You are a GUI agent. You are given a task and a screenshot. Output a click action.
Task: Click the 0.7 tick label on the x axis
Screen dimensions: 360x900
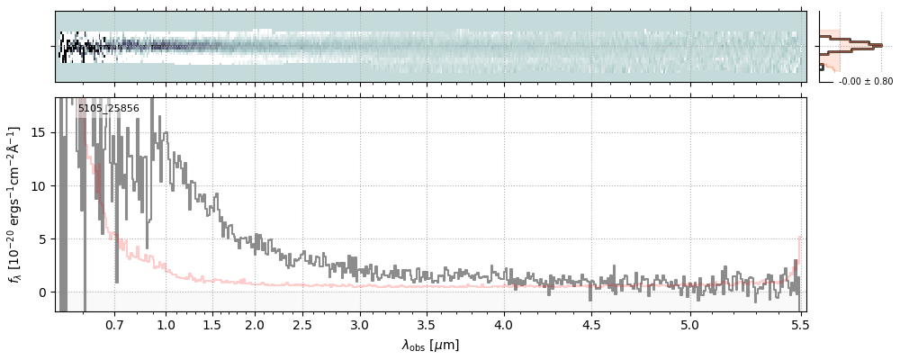tap(114, 324)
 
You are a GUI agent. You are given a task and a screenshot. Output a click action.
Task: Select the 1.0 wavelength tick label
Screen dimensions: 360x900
tap(166, 324)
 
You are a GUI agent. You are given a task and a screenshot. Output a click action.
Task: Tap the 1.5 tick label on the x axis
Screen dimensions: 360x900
tap(211, 324)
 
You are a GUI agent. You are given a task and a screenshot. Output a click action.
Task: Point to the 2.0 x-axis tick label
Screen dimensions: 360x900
tap(255, 324)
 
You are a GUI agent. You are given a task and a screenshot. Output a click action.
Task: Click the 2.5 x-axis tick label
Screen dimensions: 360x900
tap(302, 324)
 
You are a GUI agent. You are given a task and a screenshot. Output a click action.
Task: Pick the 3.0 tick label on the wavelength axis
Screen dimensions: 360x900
tap(360, 324)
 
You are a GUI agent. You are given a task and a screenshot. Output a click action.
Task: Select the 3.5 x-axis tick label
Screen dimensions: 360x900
tap(429, 324)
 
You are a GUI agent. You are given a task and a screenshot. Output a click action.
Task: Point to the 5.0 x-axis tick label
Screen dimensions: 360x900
tap(689, 324)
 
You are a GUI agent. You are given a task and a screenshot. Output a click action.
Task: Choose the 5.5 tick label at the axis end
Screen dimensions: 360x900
tap(800, 324)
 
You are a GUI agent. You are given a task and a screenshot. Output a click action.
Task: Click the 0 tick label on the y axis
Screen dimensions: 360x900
tap(42, 292)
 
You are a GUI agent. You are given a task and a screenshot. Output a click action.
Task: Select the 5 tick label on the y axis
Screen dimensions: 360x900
tap(42, 239)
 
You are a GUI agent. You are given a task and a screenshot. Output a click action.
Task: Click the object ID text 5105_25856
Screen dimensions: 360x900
tap(108, 109)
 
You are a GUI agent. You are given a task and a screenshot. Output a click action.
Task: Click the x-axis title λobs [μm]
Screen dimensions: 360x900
tap(430, 345)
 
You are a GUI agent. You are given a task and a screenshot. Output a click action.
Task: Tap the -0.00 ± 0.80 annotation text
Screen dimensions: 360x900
tap(865, 82)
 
